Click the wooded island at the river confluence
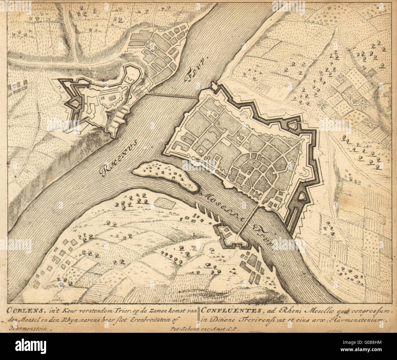tap(165, 174)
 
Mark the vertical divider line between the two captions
tap(199, 315)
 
